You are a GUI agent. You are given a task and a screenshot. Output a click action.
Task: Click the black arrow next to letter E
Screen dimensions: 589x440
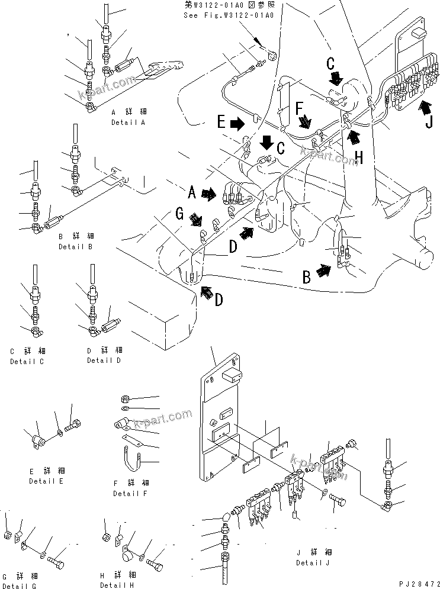click(236, 123)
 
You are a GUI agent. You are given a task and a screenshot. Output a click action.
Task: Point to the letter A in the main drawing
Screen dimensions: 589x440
click(192, 192)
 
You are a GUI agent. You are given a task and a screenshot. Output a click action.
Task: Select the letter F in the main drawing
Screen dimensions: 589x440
click(300, 107)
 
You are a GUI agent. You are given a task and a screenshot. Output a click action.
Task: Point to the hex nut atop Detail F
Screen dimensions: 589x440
click(126, 397)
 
